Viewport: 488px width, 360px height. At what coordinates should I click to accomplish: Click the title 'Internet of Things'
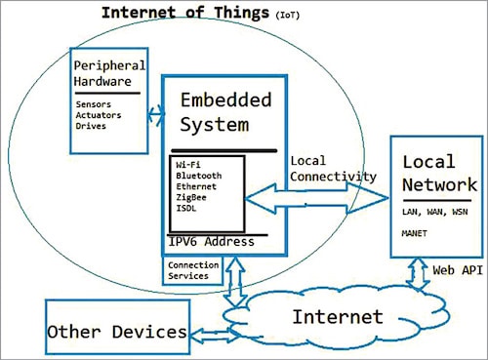pyautogui.click(x=185, y=13)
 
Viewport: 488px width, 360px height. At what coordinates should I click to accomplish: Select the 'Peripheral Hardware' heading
pyautogui.click(x=108, y=73)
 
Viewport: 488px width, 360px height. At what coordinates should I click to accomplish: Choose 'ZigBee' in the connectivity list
pyautogui.click(x=191, y=198)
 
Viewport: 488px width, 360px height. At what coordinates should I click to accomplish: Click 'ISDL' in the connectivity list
pyautogui.click(x=186, y=210)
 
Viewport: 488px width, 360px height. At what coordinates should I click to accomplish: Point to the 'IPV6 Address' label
pyautogui.click(x=212, y=241)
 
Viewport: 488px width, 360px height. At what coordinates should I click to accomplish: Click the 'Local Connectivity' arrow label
pyautogui.click(x=333, y=167)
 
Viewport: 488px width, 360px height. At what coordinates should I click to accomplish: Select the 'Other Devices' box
pyautogui.click(x=116, y=331)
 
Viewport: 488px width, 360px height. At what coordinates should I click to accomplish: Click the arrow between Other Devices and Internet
pyautogui.click(x=208, y=335)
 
